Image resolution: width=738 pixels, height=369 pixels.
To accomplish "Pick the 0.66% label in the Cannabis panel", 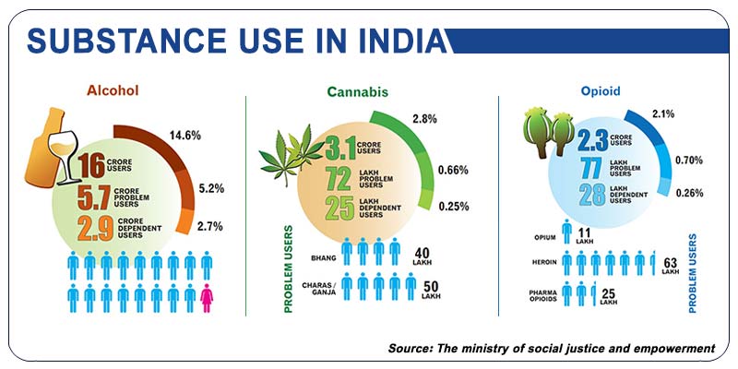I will pos(453,170).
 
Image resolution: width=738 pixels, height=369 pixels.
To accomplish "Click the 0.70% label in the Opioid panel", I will pos(689,159).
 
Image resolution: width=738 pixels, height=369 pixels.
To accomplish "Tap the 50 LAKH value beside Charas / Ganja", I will pos(430,286).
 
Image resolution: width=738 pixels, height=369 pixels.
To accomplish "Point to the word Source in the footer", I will pos(416,348).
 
